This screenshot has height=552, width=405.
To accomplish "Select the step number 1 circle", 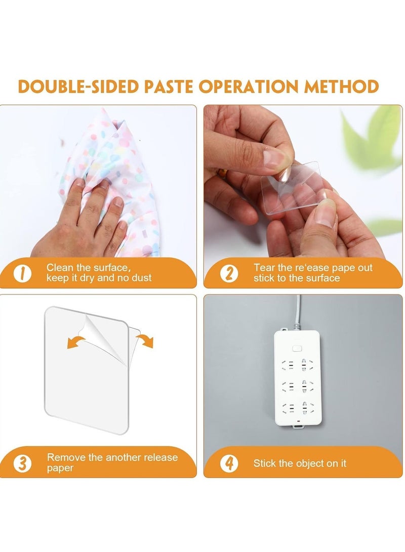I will pyautogui.click(x=23, y=273).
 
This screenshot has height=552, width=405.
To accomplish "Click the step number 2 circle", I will pyautogui.click(x=229, y=273).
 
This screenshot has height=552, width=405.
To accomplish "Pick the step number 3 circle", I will pyautogui.click(x=22, y=463).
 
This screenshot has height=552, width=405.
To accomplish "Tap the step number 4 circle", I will pyautogui.click(x=229, y=463).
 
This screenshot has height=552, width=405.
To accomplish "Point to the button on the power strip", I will pyautogui.click(x=297, y=349).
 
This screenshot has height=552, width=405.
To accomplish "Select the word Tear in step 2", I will pyautogui.click(x=263, y=268).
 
